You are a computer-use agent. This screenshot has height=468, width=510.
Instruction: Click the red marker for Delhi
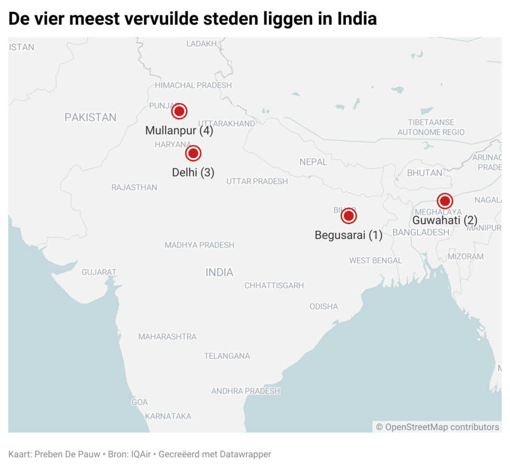pos(193,153)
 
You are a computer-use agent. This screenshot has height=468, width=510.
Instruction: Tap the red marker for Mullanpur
pos(179,111)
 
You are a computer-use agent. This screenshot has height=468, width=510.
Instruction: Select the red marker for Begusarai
pos(348,216)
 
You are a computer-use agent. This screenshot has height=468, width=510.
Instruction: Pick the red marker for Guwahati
pos(445,201)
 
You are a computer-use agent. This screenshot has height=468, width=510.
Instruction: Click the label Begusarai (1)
pos(348,235)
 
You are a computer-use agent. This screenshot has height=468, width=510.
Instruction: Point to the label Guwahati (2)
pos(445,220)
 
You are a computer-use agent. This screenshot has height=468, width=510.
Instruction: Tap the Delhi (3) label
pos(193,172)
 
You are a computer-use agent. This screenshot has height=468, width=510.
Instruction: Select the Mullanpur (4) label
pos(179,131)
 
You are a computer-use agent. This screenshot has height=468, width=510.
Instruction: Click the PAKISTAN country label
pos(90,118)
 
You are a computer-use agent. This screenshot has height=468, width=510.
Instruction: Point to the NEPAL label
pos(313,162)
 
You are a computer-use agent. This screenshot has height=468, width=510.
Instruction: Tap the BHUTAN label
pos(425,173)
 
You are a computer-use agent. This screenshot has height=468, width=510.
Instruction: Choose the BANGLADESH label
pos(421,232)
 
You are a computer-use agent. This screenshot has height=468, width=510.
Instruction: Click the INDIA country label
pos(219,272)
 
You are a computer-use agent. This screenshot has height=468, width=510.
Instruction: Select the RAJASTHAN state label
pos(134,187)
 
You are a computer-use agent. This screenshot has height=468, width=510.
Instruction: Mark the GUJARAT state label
pos(99,272)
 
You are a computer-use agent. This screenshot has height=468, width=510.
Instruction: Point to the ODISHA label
pos(324,307)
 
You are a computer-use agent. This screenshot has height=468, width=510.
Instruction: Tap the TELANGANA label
pos(227,356)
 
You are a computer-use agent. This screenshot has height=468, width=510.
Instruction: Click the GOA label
pos(139,402)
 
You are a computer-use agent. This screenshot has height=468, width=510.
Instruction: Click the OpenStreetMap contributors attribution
pos(437,427)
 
